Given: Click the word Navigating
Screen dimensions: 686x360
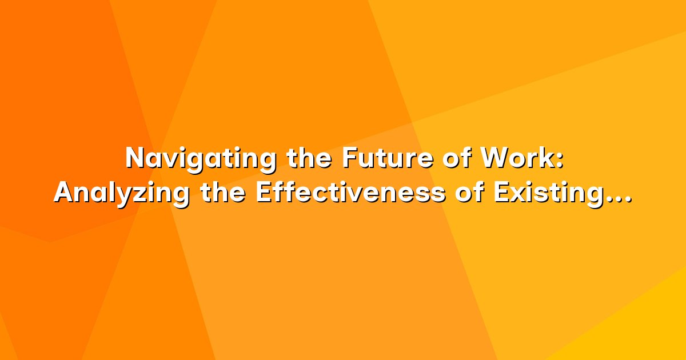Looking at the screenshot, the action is click(201, 160).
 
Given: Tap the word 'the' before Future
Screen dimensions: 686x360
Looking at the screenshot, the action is click(309, 159).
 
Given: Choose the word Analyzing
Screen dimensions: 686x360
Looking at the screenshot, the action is click(122, 195).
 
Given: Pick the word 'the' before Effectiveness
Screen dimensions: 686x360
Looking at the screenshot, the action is click(223, 193).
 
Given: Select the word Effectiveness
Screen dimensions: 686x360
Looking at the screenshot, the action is click(350, 193).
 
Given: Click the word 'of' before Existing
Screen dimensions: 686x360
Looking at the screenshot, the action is click(469, 193).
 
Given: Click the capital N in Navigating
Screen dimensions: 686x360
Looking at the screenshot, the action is click(135, 159).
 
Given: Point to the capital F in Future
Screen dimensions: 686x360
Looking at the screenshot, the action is click(350, 159).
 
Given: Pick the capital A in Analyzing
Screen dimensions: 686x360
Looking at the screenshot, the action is click(65, 193).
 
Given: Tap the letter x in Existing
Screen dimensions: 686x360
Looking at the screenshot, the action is click(518, 196).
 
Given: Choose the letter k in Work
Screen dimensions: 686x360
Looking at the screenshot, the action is click(546, 159).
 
